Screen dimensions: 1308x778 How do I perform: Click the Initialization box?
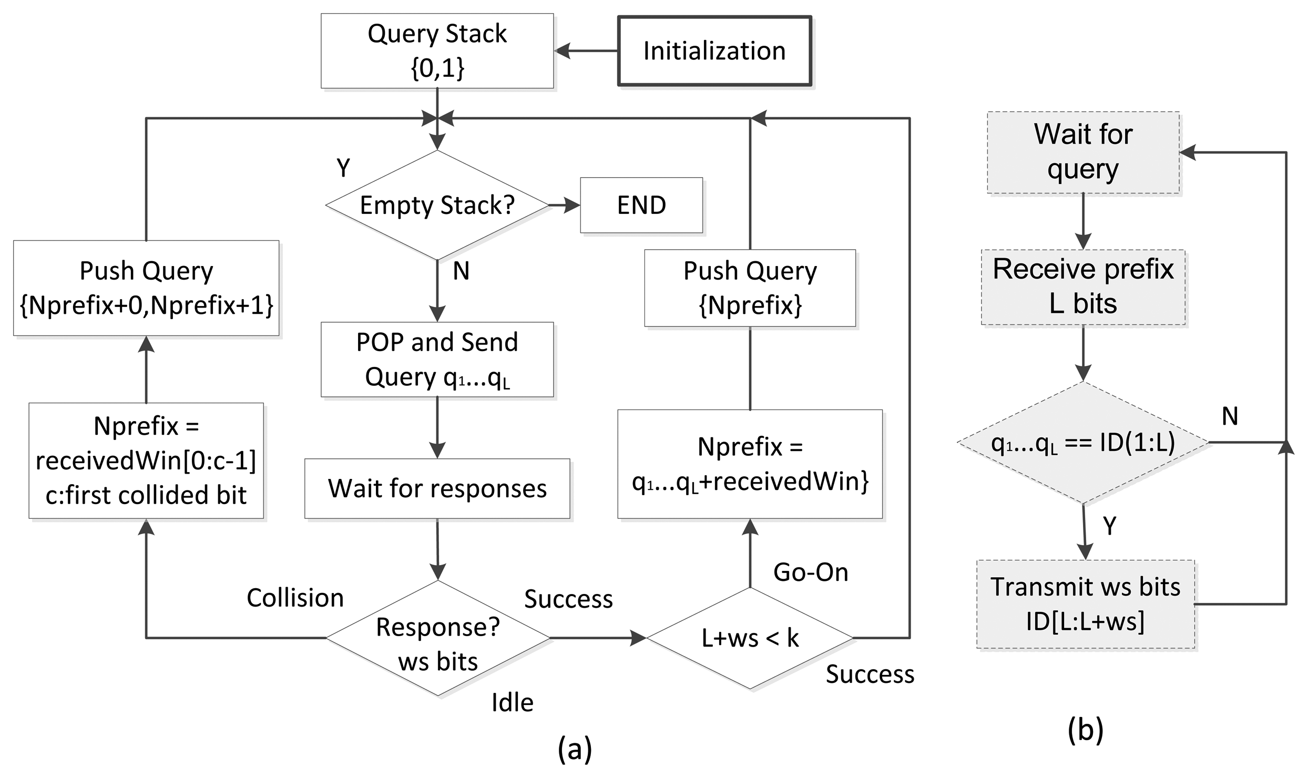pyautogui.click(x=714, y=51)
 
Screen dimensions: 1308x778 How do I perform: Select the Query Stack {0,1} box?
pyautogui.click(x=437, y=50)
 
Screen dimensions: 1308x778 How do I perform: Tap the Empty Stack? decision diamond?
pyautogui.click(x=437, y=205)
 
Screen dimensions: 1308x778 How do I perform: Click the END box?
pyautogui.click(x=641, y=205)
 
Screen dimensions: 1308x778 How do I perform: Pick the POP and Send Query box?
pyautogui.click(x=437, y=360)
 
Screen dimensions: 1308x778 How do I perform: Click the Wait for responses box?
pyautogui.click(x=437, y=488)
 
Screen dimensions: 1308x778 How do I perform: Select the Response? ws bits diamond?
pyautogui.click(x=438, y=638)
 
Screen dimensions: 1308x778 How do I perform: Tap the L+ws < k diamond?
pyautogui.click(x=750, y=638)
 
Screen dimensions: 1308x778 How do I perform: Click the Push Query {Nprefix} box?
pyautogui.click(x=750, y=288)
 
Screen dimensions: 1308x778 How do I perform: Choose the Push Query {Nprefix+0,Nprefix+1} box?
pyautogui.click(x=146, y=288)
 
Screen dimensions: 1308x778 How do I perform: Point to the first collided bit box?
pyautogui.click(x=146, y=460)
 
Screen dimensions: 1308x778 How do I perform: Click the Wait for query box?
pyautogui.click(x=1083, y=152)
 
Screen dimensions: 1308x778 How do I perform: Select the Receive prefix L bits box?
pyautogui.click(x=1083, y=287)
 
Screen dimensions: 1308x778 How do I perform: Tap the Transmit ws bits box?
pyautogui.click(x=1086, y=605)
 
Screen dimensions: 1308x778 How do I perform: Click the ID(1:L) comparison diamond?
pyautogui.click(x=1083, y=443)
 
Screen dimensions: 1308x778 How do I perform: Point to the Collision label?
pyautogui.click(x=295, y=598)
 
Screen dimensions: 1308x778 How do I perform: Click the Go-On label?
pyautogui.click(x=811, y=572)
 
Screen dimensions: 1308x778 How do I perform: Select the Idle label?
pyautogui.click(x=513, y=703)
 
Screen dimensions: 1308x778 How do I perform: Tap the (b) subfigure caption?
pyautogui.click(x=1085, y=730)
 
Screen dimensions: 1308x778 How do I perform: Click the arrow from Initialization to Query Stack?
pyautogui.click(x=586, y=51)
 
